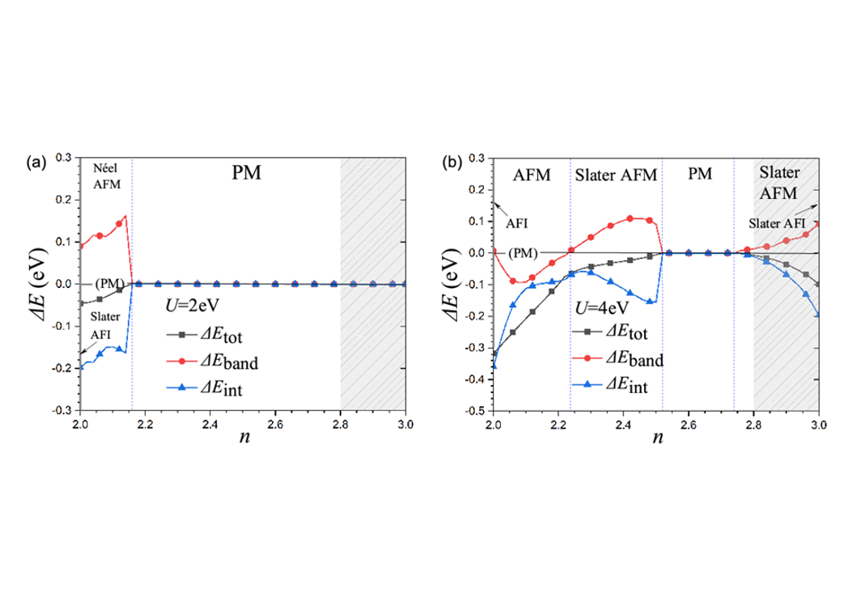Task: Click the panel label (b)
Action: click(452, 163)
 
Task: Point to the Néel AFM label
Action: click(105, 178)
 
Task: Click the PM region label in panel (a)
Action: click(244, 173)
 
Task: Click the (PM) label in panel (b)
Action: click(524, 252)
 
